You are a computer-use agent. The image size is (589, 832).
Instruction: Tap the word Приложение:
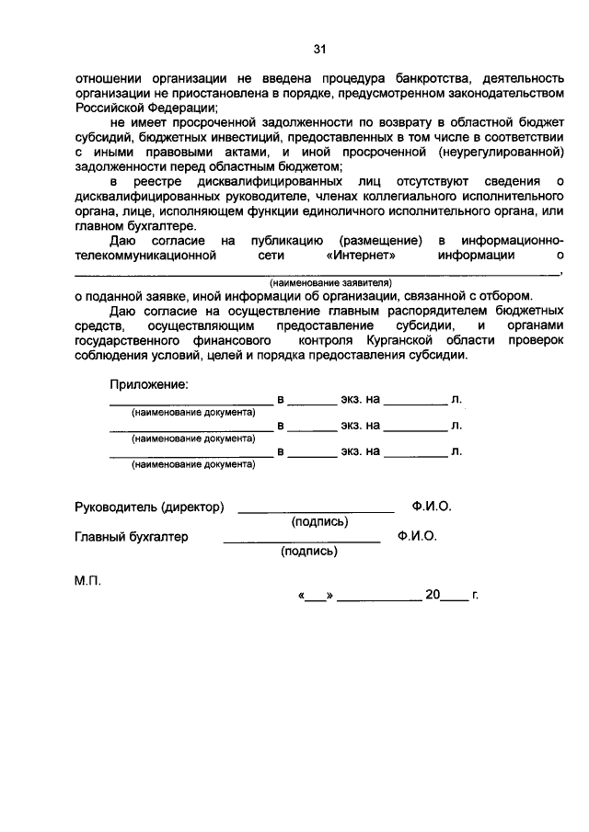[148, 383]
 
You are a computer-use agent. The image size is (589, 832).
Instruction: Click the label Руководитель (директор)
[149, 507]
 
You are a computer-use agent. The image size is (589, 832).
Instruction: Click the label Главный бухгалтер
[131, 536]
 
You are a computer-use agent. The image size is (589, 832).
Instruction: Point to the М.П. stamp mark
[88, 581]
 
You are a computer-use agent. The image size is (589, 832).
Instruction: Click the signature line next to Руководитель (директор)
[316, 508]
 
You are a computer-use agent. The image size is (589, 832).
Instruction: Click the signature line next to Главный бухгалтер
[301, 539]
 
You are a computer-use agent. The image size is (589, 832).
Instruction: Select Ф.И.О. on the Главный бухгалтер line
[417, 536]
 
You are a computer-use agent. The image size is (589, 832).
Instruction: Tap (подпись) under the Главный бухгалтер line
[308, 552]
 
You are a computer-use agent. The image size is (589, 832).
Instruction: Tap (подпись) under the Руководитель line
[319, 521]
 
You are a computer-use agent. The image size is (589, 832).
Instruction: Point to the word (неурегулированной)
[501, 152]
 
